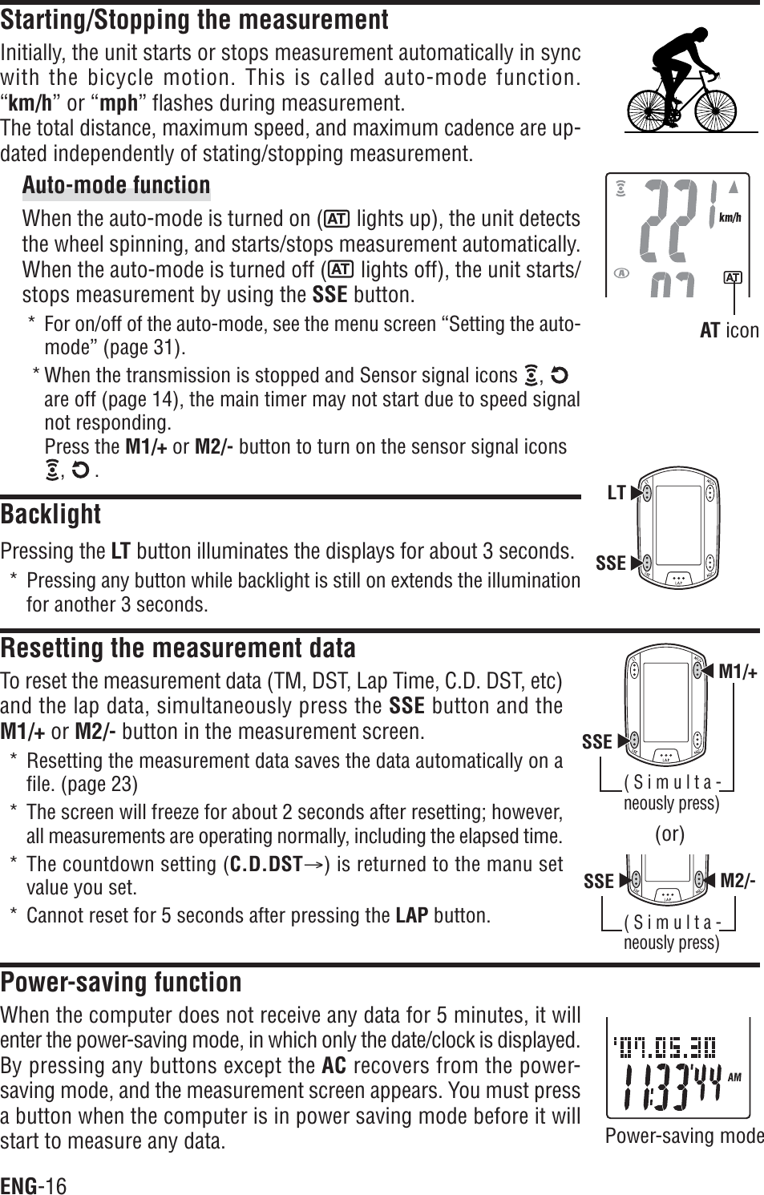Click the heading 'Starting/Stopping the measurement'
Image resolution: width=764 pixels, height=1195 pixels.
pos(195,19)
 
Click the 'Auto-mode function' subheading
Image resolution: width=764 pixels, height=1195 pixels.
pos(116,186)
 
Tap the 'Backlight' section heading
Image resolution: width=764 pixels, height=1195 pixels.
pos(51,514)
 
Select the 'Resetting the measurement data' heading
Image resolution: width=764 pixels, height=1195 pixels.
pos(178,648)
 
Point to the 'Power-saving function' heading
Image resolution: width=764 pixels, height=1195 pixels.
pos(121,982)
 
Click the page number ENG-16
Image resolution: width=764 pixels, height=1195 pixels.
pos(34,1185)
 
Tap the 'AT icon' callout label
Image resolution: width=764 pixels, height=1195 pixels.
pos(729,330)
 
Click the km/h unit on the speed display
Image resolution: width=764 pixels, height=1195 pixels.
pos(730,217)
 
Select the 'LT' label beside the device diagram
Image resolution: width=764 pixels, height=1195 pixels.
pos(616,493)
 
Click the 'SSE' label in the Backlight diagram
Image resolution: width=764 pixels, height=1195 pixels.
pos(611,563)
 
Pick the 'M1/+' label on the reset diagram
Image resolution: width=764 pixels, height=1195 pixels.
pos(738,672)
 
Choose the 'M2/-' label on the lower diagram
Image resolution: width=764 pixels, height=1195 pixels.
pos(738,882)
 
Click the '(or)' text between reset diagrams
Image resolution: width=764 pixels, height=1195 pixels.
pos(669,834)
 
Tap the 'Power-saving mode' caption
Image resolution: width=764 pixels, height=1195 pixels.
pos(684,1136)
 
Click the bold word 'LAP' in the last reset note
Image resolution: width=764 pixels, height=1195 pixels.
pos(412,916)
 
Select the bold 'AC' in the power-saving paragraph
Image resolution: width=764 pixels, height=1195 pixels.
pos(333,1067)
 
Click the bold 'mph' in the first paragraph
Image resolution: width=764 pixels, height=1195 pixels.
pos(118,104)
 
